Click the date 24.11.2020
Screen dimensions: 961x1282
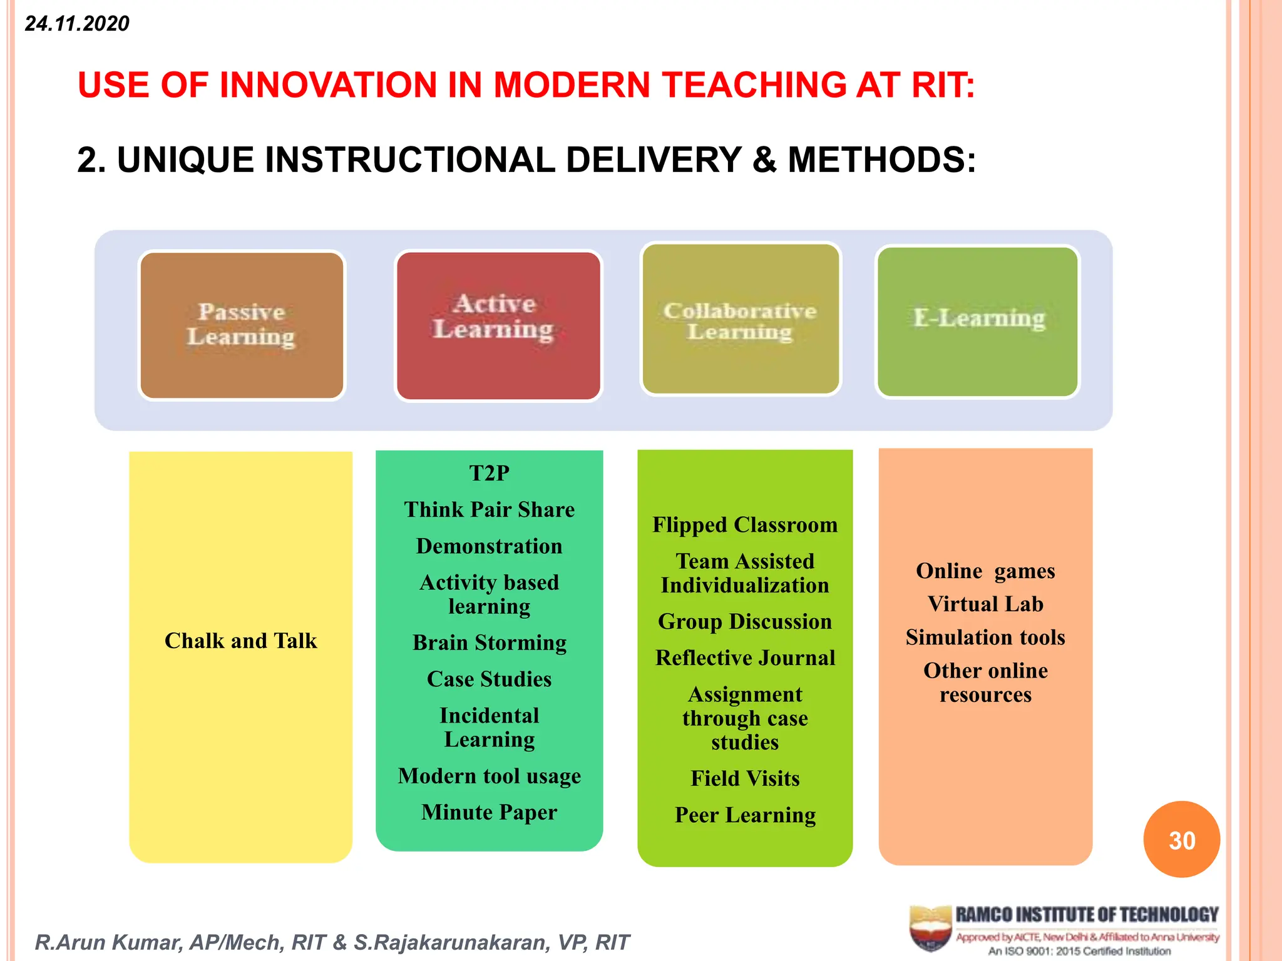(77, 24)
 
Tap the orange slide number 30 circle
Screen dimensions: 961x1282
(1181, 840)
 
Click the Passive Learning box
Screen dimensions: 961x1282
(242, 325)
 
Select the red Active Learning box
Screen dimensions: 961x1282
(498, 325)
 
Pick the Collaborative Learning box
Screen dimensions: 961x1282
(741, 319)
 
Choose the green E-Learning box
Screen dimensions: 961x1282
(978, 321)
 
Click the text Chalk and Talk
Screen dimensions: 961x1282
(240, 641)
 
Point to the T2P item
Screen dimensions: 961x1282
(489, 473)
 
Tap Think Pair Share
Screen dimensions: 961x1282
(489, 509)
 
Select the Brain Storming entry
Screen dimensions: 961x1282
(489, 643)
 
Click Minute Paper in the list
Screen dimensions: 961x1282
(489, 812)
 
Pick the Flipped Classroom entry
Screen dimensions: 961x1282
(745, 524)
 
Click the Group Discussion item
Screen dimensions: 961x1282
(745, 621)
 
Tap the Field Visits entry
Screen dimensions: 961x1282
(745, 778)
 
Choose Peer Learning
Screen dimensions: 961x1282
(745, 815)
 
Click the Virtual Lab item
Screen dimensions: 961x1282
(985, 604)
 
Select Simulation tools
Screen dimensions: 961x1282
(985, 637)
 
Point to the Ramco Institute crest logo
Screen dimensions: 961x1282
(930, 928)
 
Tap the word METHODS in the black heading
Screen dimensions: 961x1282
(881, 160)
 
